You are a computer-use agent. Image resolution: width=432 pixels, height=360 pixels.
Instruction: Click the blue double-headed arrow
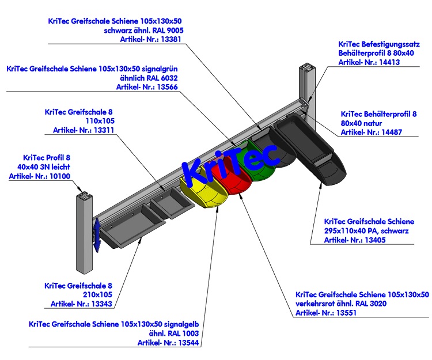(97, 234)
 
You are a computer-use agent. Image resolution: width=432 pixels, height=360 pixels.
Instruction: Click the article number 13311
(103, 130)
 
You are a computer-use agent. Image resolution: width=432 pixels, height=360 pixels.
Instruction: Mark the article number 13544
(190, 342)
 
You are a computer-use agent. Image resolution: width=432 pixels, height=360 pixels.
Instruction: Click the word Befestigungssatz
(392, 43)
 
